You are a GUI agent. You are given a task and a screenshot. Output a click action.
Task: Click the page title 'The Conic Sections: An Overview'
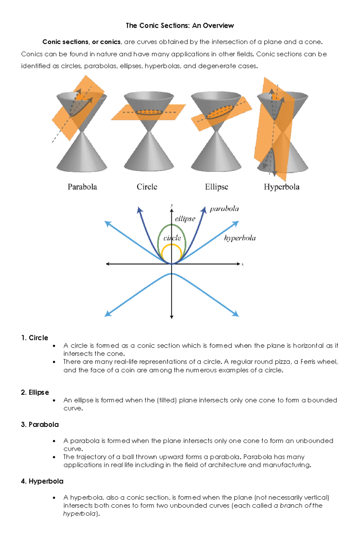pyautogui.click(x=180, y=25)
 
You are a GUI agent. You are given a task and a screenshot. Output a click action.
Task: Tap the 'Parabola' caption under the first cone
pyautogui.click(x=82, y=187)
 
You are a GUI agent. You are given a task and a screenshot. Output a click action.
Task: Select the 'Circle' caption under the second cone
pyautogui.click(x=147, y=187)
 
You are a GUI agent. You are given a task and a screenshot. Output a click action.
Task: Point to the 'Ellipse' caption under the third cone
pyautogui.click(x=216, y=187)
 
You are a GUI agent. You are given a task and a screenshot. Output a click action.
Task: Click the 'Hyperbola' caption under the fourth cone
pyautogui.click(x=281, y=187)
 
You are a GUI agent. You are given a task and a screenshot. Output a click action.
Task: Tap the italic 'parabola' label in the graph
pyautogui.click(x=224, y=209)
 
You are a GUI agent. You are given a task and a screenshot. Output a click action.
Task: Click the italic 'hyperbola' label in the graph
pyautogui.click(x=240, y=238)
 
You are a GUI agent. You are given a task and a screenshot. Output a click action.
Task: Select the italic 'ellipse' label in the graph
pyautogui.click(x=185, y=219)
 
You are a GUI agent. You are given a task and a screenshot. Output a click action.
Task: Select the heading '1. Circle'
pyautogui.click(x=34, y=338)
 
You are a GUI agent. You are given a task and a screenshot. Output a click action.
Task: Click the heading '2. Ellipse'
pyautogui.click(x=35, y=392)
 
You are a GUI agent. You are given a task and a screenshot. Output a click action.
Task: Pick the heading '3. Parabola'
pyautogui.click(x=40, y=424)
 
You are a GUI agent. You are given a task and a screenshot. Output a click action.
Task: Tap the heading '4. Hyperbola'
pyautogui.click(x=42, y=481)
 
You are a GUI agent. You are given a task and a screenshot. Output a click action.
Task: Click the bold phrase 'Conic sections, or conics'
pyautogui.click(x=81, y=42)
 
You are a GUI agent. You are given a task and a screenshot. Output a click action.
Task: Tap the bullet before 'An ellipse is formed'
pyautogui.click(x=54, y=400)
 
